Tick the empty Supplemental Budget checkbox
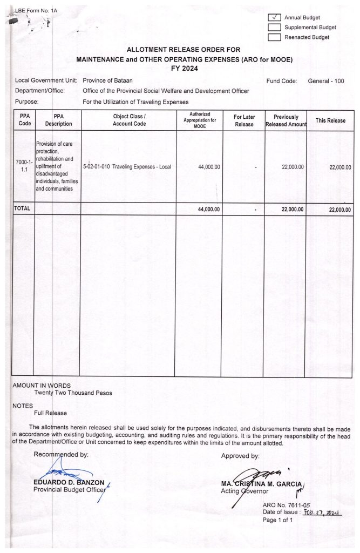coord(274,27)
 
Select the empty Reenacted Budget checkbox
coord(274,37)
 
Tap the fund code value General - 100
coord(325,81)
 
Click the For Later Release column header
coord(244,120)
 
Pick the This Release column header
coord(330,120)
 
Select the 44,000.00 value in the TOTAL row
coord(208,210)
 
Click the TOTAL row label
coord(22,209)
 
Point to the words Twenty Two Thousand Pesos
coord(73,393)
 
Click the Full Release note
coord(50,413)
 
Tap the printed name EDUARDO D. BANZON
coord(69,482)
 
